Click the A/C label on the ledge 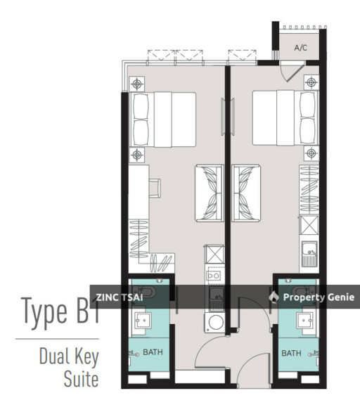coord(301,49)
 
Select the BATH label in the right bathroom coord(290,352)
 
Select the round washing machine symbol coord(214,323)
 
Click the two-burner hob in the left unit coord(214,275)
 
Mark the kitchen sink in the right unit coord(309,252)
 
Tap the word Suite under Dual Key coord(79,380)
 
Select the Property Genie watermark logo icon coord(274,297)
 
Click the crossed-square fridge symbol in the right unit coord(308,226)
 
